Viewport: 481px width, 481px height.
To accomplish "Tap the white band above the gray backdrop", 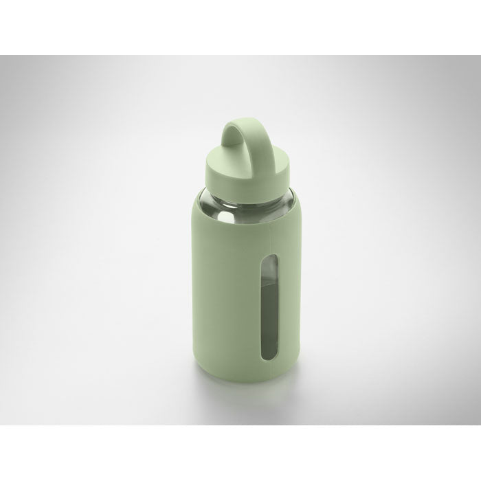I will [x=240, y=27].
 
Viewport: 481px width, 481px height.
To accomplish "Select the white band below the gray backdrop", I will [x=240, y=454].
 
